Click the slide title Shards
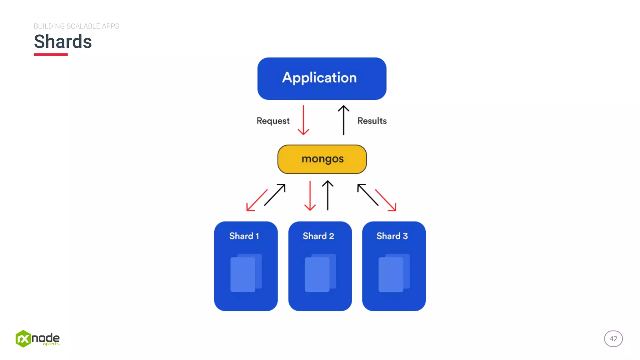pyautogui.click(x=63, y=42)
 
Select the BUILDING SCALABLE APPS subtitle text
pyautogui.click(x=76, y=26)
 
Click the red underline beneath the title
pyautogui.click(x=51, y=54)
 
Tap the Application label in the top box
pyautogui.click(x=319, y=77)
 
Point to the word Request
pyautogui.click(x=273, y=121)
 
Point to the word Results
pyautogui.click(x=372, y=121)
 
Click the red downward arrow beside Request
pyautogui.click(x=303, y=120)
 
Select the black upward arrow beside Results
pyautogui.click(x=343, y=120)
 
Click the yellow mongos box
pyautogui.click(x=322, y=159)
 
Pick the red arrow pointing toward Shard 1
pyautogui.click(x=257, y=200)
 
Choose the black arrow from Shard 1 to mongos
pyautogui.click(x=275, y=194)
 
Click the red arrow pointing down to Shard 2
pyautogui.click(x=310, y=196)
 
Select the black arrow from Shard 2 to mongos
pyautogui.click(x=327, y=195)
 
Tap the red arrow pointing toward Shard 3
pyautogui.click(x=386, y=200)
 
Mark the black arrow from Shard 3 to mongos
pyautogui.click(x=367, y=194)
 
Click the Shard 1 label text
pyautogui.click(x=244, y=236)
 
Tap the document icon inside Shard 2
pyautogui.click(x=320, y=273)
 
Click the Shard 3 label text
pyautogui.click(x=392, y=236)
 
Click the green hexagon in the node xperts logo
pyautogui.click(x=23, y=339)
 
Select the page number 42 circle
pyautogui.click(x=613, y=339)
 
